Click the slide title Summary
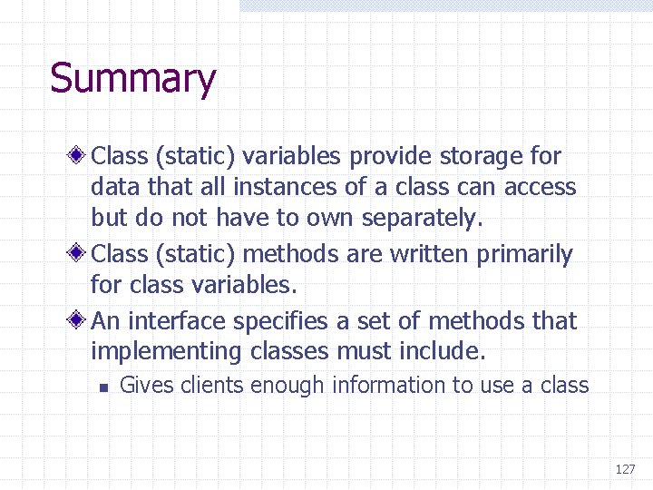[132, 79]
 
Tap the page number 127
[625, 469]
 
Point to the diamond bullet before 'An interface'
[80, 320]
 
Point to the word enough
[288, 386]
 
